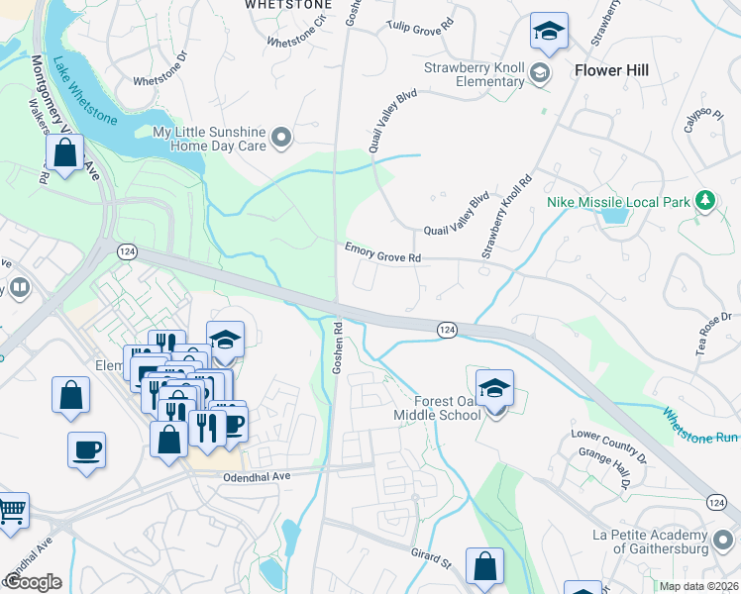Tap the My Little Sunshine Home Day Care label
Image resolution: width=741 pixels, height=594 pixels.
(x=210, y=139)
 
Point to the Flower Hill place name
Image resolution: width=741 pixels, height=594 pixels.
(x=611, y=70)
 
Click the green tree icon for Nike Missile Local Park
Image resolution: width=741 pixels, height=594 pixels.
(x=704, y=201)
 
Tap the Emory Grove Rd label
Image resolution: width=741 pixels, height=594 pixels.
(x=383, y=256)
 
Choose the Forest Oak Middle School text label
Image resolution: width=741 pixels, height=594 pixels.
(x=449, y=408)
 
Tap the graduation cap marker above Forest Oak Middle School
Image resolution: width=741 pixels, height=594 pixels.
(x=494, y=388)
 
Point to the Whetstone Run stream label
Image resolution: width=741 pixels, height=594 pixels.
(x=698, y=427)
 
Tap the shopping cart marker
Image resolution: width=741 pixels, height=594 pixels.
(x=11, y=511)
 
